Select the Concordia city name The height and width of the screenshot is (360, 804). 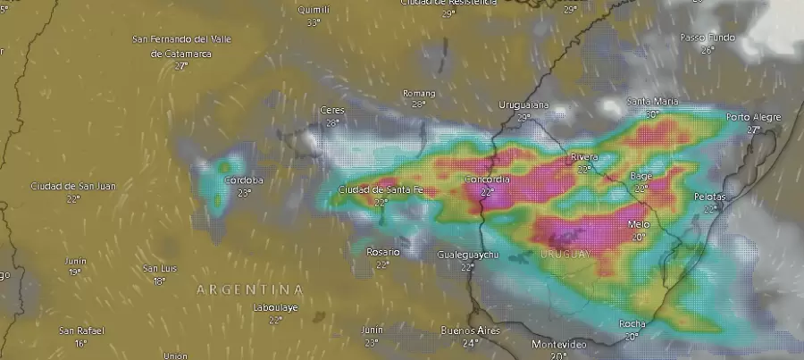[x=487, y=180]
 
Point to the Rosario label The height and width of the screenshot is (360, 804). [x=382, y=252]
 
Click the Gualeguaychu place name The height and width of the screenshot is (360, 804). [x=467, y=255]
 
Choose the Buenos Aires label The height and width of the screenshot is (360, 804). [x=470, y=331]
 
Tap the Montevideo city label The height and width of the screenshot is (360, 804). [x=558, y=344]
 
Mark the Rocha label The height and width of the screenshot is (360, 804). [x=632, y=324]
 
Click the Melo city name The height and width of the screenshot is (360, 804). [x=639, y=224]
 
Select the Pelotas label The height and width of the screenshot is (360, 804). [x=710, y=197]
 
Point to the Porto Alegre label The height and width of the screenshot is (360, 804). [x=753, y=117]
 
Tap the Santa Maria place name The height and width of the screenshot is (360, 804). [x=653, y=101]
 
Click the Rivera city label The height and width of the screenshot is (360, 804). [x=584, y=157]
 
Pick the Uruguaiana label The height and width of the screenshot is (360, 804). [x=523, y=105]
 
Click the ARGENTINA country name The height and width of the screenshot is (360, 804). [x=249, y=289]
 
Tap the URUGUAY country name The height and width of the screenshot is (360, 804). [x=565, y=255]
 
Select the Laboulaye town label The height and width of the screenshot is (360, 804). [x=275, y=307]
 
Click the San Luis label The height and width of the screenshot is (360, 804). [x=159, y=268]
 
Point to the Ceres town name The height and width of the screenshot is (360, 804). [x=332, y=110]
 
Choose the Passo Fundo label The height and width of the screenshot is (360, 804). [x=708, y=38]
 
